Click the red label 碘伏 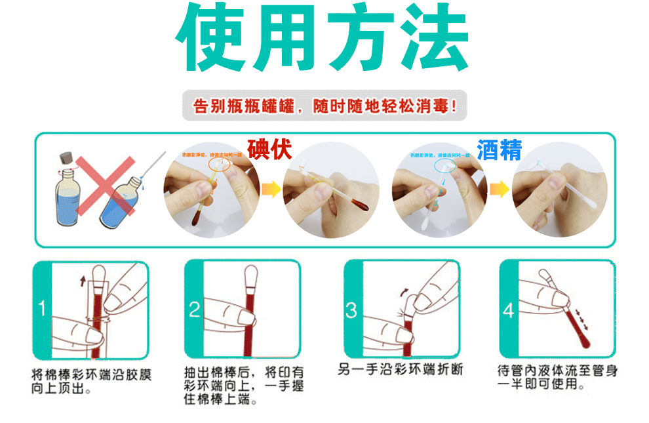tap(269, 149)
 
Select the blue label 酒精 tap(499, 150)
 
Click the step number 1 tap(41, 308)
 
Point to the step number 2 tap(195, 308)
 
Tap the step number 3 tap(351, 308)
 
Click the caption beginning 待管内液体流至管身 tap(557, 371)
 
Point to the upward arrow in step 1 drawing tap(82, 281)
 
